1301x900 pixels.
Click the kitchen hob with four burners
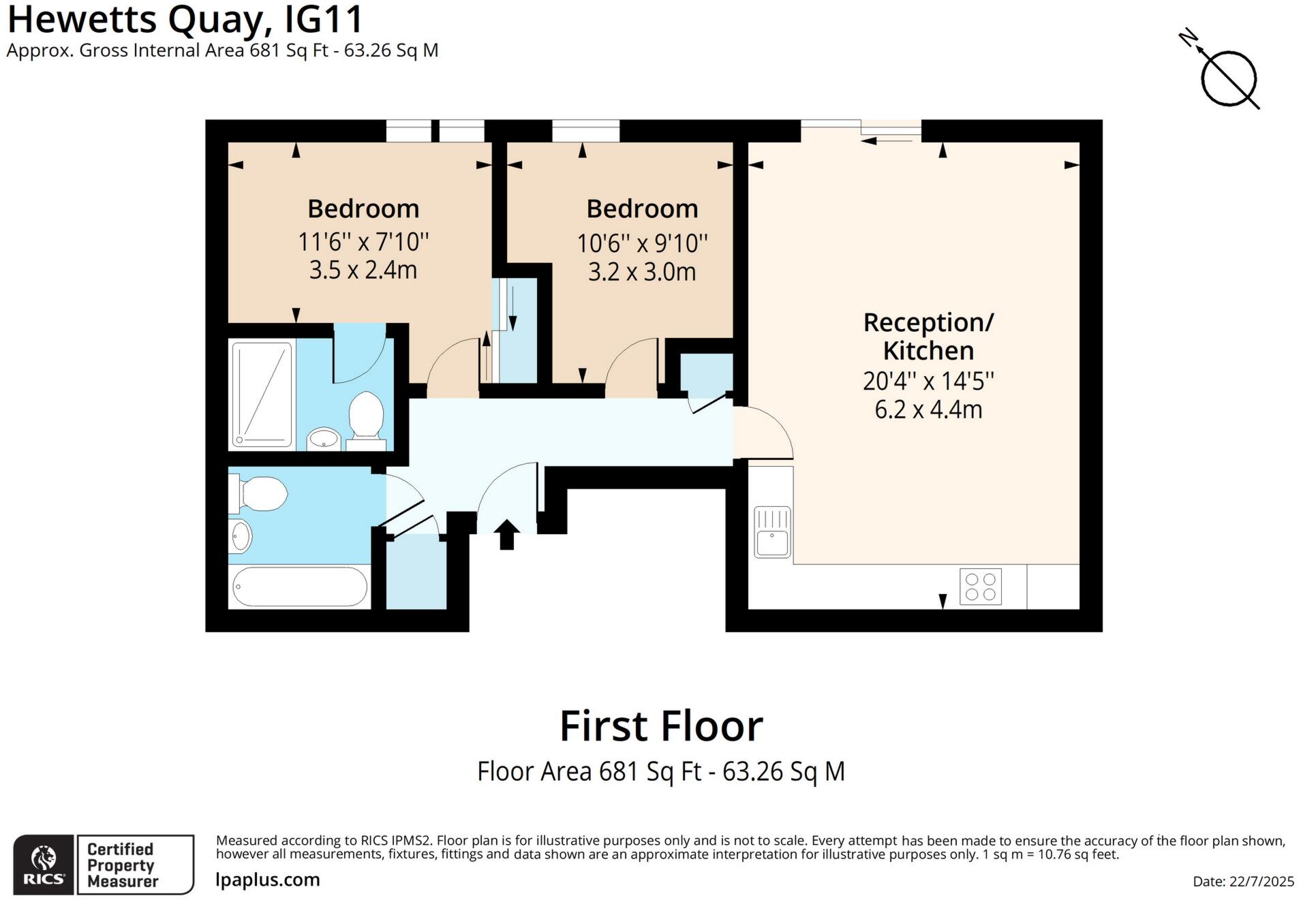coord(980,587)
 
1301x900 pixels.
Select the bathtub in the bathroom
coord(300,587)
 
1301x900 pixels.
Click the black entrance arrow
coord(506,533)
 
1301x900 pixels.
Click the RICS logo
coord(44,864)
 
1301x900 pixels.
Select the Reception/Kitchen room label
coord(928,336)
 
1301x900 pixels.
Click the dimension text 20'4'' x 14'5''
coord(928,381)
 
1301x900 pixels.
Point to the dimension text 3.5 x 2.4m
coord(363,270)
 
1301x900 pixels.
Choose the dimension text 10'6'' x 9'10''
coord(642,243)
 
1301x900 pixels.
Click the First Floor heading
coord(660,726)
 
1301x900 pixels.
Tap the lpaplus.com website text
coord(267,880)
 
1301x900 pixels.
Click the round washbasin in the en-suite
coord(323,439)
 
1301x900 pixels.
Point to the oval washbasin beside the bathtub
coord(241,536)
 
